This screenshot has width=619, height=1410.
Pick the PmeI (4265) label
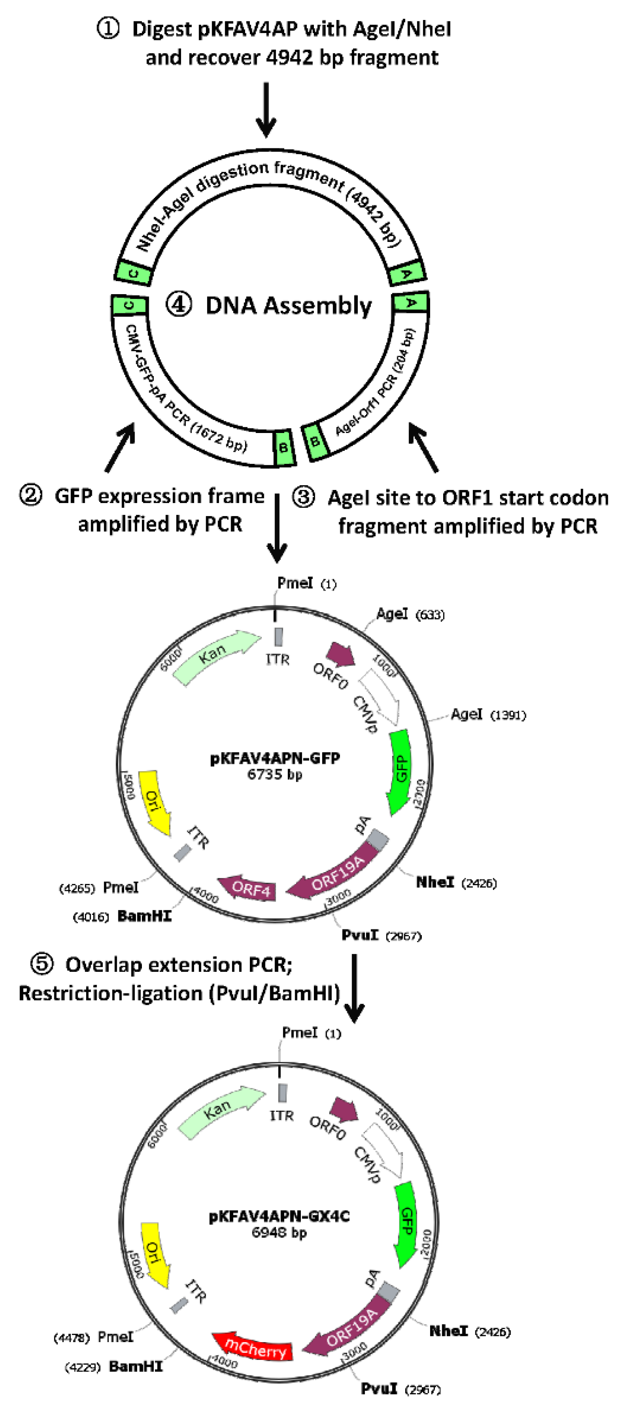(x=98, y=887)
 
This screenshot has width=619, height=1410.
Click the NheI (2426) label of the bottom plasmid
(x=470, y=1331)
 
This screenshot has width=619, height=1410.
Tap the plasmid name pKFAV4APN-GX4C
(x=279, y=1216)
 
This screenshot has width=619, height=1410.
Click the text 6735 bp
(x=274, y=774)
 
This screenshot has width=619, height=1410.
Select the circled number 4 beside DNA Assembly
(x=179, y=304)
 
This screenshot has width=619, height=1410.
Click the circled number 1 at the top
(x=108, y=28)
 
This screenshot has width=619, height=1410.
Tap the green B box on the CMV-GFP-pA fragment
(x=283, y=448)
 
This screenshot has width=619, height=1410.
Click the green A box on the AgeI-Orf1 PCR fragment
(x=410, y=302)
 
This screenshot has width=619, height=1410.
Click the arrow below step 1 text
(x=266, y=110)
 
